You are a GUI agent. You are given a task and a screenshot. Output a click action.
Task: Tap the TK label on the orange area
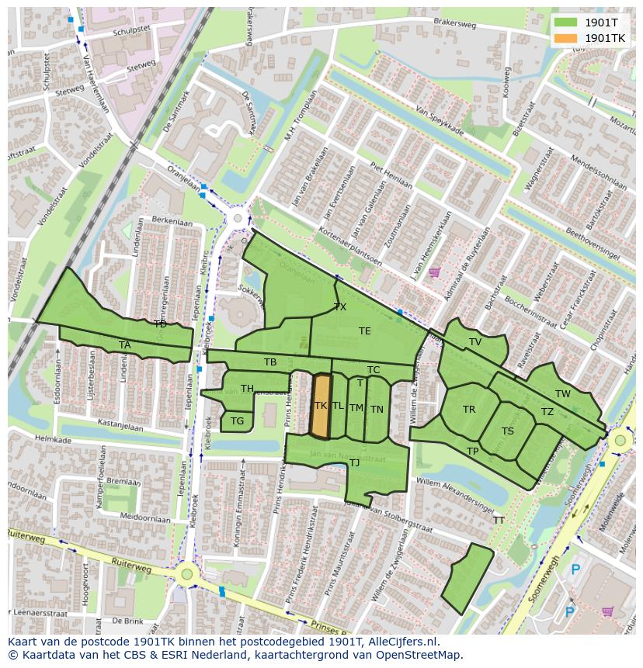pos(320,406)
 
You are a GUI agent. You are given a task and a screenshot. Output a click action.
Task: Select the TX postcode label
pos(340,307)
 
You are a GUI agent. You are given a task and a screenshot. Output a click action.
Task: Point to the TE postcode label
pos(365,331)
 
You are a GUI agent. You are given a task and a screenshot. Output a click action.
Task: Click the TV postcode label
pos(475,342)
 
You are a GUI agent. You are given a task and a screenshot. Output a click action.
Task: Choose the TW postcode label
pos(563,394)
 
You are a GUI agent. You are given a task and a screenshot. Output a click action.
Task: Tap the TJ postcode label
pos(354,463)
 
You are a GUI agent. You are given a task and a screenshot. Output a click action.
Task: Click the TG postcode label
pos(237,421)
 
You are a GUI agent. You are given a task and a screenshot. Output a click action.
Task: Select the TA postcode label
pos(125,345)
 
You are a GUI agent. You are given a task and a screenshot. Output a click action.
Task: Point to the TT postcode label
pos(499,521)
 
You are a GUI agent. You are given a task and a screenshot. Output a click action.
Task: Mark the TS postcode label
pos(508,431)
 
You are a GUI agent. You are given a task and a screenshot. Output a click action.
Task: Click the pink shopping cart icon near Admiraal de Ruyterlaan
pos(434,272)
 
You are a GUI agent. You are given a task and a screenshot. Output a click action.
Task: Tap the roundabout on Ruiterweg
pos(186,575)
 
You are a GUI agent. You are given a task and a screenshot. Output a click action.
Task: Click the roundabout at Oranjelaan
pos(238,219)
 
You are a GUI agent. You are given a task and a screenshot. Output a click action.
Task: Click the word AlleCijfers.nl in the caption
pos(403,642)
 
